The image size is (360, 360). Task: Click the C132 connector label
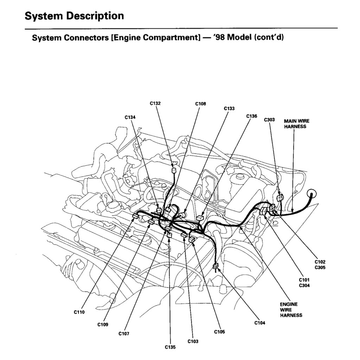pyautogui.click(x=155, y=103)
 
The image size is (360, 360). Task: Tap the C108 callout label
pyautogui.click(x=200, y=104)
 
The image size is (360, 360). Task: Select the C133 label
pyautogui.click(x=229, y=109)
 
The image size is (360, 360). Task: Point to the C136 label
pyautogui.click(x=252, y=116)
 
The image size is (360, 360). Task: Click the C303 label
pyautogui.click(x=269, y=120)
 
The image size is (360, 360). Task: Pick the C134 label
pyautogui.click(x=130, y=117)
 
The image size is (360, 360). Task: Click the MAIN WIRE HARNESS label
pyautogui.click(x=297, y=124)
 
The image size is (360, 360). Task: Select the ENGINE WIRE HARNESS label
pyautogui.click(x=291, y=310)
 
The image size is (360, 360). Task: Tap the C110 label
pyautogui.click(x=79, y=312)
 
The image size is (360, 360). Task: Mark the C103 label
pyautogui.click(x=193, y=341)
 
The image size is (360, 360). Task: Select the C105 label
pyautogui.click(x=219, y=332)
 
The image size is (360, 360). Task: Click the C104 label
pyautogui.click(x=260, y=322)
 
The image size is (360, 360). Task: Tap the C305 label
pyautogui.click(x=320, y=268)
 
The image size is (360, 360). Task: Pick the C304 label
pyautogui.click(x=304, y=285)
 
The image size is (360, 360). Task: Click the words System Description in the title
pyautogui.click(x=75, y=16)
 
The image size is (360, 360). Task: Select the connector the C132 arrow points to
pyautogui.click(x=173, y=171)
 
